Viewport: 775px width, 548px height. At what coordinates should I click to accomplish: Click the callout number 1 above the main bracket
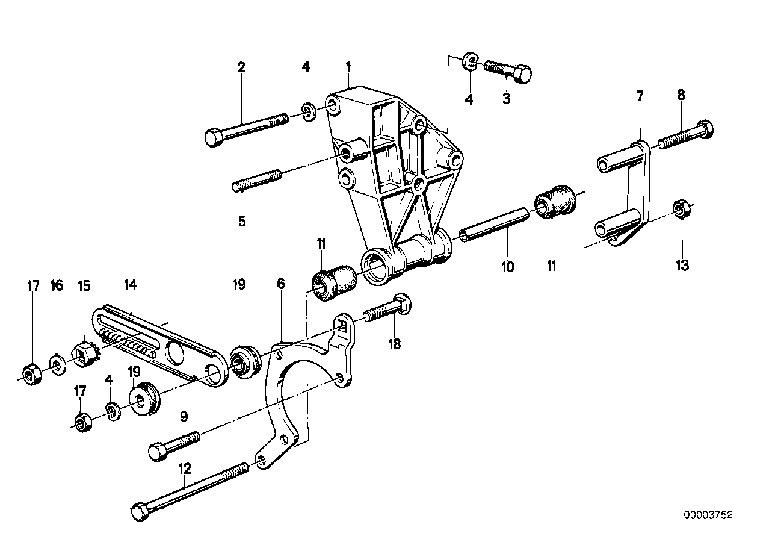click(348, 67)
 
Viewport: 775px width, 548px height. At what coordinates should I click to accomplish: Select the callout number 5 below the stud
click(241, 220)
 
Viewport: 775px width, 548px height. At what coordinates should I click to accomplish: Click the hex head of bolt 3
click(523, 73)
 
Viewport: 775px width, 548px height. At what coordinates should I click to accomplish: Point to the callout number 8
click(681, 95)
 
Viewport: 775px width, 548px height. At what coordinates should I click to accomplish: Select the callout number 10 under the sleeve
click(508, 267)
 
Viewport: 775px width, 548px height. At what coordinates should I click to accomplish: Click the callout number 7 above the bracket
click(640, 96)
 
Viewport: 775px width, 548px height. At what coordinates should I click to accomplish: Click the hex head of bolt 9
click(158, 452)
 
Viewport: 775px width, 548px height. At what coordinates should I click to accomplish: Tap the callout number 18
click(395, 344)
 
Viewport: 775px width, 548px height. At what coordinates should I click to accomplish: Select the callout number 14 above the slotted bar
click(131, 285)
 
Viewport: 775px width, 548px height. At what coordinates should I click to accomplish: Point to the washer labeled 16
click(58, 364)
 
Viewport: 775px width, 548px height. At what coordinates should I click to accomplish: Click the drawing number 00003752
click(708, 515)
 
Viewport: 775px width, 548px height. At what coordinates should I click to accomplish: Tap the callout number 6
click(281, 284)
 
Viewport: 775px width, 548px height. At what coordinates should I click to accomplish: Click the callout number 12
click(184, 469)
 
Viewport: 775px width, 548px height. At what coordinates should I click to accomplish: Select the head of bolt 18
click(403, 304)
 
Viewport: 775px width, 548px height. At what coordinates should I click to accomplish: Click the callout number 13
click(682, 266)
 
